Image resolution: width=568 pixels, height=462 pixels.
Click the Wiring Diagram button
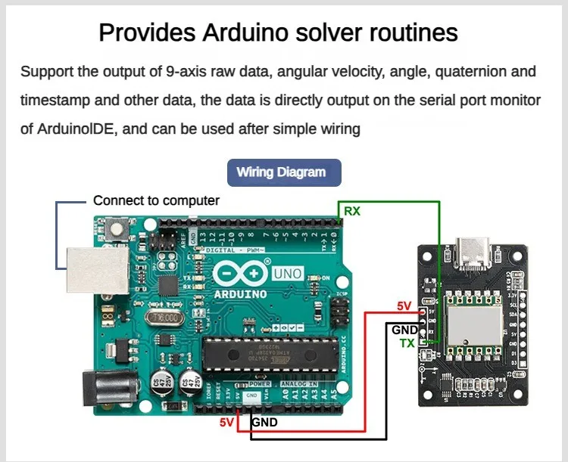284,172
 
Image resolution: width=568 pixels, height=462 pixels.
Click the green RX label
352,211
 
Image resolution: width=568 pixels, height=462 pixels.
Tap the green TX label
407,343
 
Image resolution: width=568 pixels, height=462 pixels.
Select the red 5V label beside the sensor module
404,306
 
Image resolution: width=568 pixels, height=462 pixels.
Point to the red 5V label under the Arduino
227,422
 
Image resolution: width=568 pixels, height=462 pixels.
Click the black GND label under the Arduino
264,422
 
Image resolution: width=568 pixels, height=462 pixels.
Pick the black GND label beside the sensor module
404,330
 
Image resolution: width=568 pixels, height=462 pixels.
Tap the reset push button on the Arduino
118,227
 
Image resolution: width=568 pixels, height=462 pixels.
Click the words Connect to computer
156,200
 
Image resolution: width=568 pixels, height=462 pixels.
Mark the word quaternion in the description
445,72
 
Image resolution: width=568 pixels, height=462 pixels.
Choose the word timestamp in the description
57,101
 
